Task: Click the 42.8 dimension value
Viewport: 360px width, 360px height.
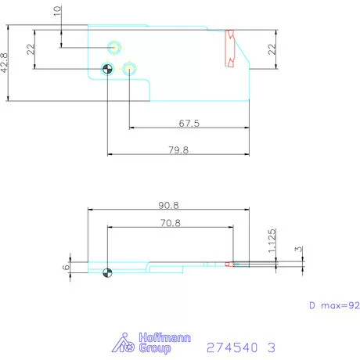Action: point(5,63)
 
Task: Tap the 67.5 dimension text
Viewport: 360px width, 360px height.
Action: point(189,123)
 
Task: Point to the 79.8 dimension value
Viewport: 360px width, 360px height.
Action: point(178,149)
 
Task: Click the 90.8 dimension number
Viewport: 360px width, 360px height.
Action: point(168,205)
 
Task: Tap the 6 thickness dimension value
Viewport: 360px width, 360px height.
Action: point(67,266)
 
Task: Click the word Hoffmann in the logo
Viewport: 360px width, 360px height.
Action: point(153,337)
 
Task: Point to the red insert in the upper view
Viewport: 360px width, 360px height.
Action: point(230,49)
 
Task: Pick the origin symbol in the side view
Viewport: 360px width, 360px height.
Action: point(107,273)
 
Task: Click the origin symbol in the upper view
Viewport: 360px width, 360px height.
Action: point(108,69)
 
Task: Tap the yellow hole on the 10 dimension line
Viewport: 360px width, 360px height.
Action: point(115,47)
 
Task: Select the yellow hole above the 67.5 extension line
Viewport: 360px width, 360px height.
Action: point(130,69)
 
